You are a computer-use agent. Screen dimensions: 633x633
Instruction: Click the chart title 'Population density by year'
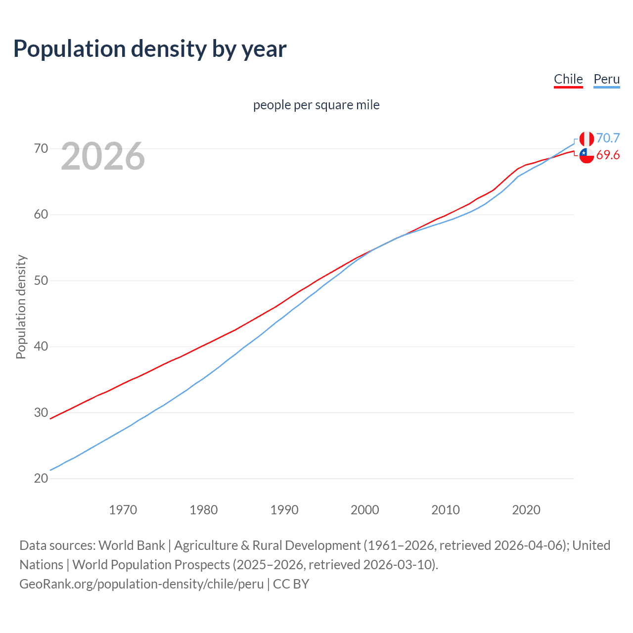pos(150,49)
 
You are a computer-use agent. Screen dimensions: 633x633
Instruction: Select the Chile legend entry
pos(568,79)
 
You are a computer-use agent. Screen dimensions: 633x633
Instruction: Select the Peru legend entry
pos(606,79)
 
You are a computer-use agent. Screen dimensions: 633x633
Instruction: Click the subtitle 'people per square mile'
pos(316,105)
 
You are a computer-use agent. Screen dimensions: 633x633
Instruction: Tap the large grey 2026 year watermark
pos(103,156)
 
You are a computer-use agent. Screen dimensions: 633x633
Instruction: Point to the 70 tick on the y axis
pos(41,148)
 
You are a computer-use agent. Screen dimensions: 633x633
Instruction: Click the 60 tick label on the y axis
pos(41,215)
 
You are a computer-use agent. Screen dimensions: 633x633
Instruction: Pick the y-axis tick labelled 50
pos(41,280)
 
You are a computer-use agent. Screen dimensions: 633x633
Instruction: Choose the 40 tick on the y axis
pos(41,346)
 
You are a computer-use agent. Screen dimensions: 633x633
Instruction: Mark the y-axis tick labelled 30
pos(41,412)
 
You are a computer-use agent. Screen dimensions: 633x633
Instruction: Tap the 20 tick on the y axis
pos(41,478)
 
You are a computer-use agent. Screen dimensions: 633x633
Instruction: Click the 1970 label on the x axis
pos(123,510)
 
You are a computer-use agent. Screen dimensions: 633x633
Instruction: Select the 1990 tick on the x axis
pos(284,510)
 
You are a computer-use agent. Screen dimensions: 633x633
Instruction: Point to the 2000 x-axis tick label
pos(364,510)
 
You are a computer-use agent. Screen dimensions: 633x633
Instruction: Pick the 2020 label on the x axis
pos(526,510)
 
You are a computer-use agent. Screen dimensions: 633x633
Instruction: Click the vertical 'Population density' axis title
pos(21,307)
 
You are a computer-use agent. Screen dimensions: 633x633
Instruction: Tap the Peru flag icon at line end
pos(587,139)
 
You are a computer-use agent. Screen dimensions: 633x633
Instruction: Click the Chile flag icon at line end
pos(587,155)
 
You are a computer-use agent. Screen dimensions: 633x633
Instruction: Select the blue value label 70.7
pos(608,138)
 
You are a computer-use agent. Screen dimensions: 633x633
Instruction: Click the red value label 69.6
pos(608,155)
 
